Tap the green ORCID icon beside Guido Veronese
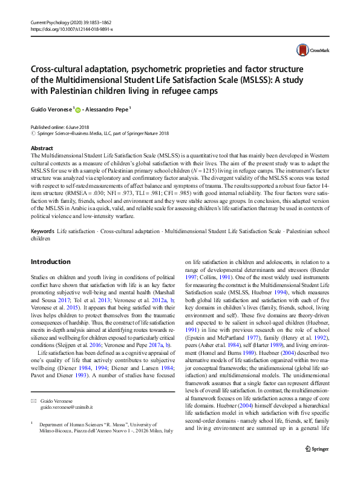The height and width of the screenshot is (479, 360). click(x=77, y=109)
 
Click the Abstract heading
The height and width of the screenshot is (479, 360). click(x=41, y=148)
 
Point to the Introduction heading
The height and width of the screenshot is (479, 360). click(x=50, y=262)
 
